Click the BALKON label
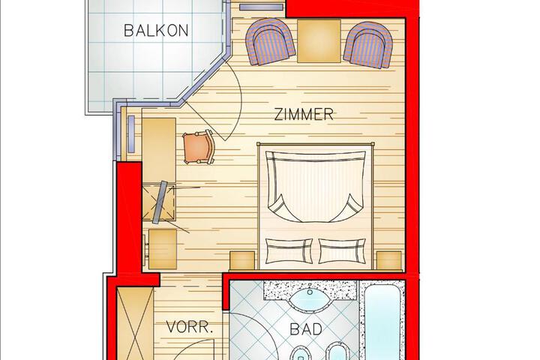156,30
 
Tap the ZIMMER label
304,114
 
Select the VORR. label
190,327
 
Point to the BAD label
306,329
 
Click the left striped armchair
270,42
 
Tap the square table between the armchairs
319,41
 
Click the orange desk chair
199,148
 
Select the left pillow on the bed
289,250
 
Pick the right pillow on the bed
342,250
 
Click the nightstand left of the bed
242,260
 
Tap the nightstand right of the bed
389,260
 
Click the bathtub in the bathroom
382,322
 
